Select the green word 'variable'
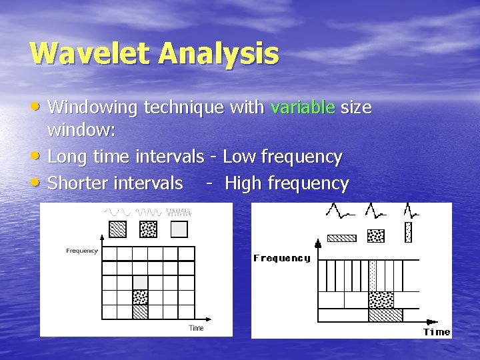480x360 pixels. pos(303,107)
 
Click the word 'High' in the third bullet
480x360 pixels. pos(243,183)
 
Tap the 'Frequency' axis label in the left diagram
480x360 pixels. pos(82,251)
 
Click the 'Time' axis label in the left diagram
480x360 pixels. pos(196,328)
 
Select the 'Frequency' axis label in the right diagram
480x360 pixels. pos(281,258)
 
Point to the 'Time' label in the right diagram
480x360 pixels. pos(437,332)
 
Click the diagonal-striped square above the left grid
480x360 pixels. pos(117,229)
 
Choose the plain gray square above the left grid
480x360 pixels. pos(179,229)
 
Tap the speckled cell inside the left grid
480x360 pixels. pos(140,297)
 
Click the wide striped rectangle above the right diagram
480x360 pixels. pos(342,237)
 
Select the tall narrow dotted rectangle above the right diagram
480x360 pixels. pos(408,232)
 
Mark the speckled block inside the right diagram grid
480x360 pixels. pos(381,299)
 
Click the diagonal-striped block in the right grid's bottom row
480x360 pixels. pos(385,315)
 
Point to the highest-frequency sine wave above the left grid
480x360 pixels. pos(179,212)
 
